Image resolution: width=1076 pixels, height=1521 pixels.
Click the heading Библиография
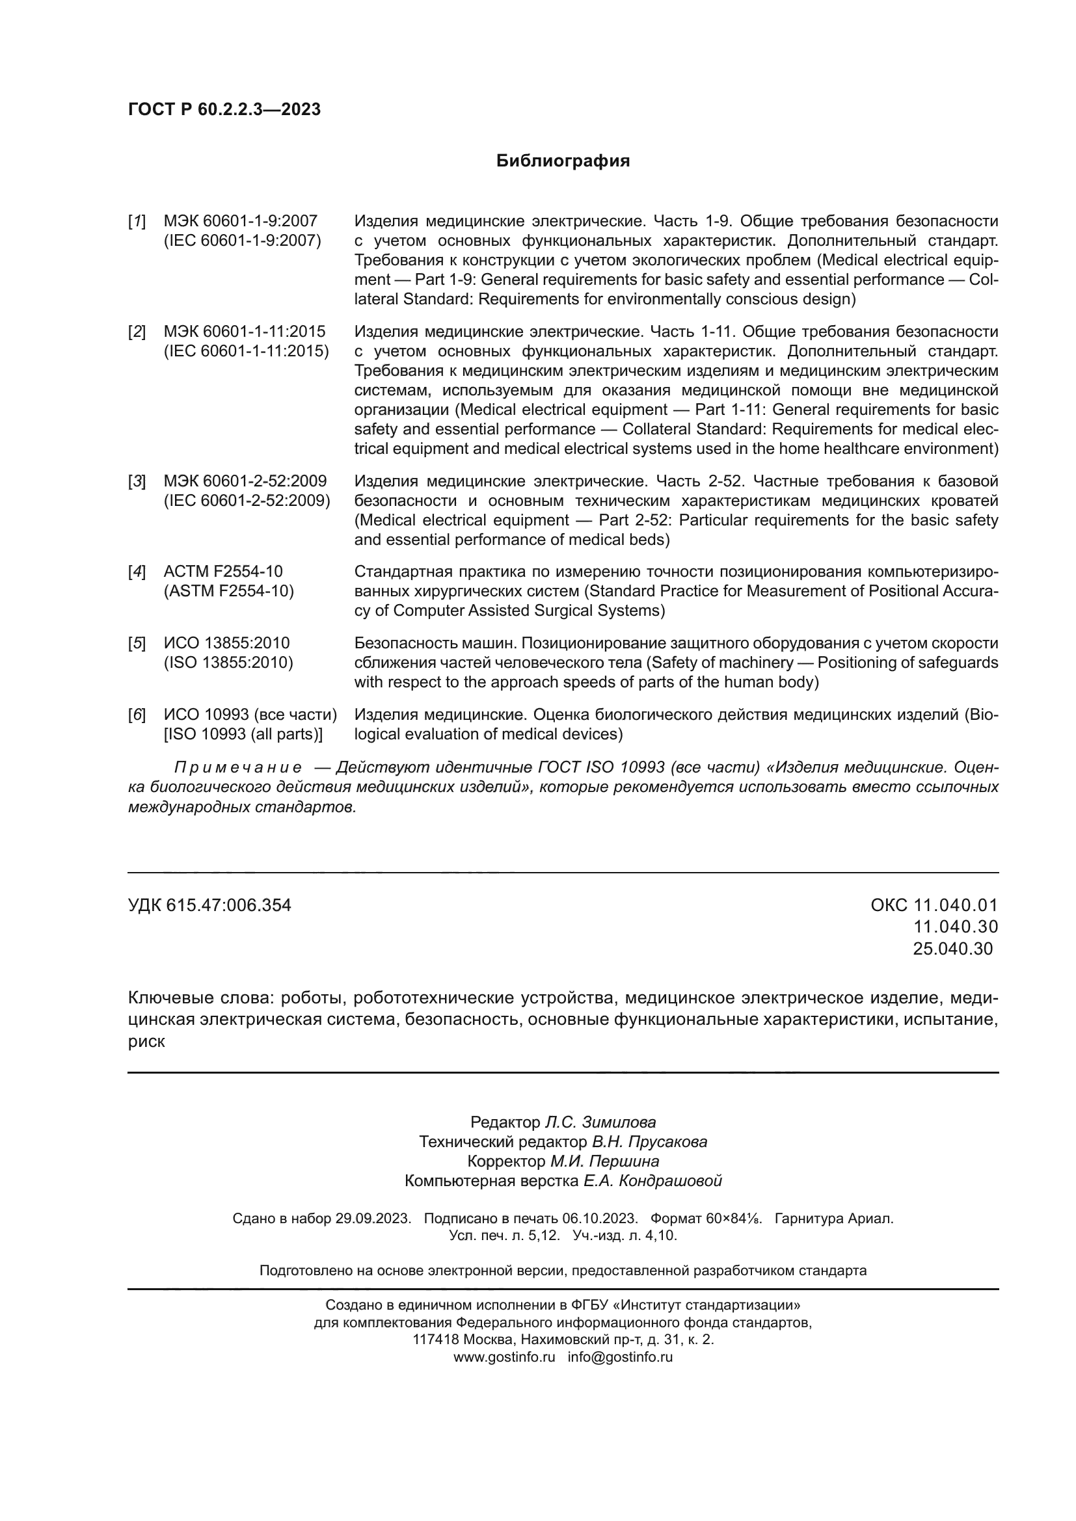(x=563, y=161)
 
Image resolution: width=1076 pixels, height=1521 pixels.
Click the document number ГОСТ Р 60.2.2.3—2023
(x=224, y=109)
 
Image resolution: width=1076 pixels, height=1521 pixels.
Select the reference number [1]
(x=137, y=221)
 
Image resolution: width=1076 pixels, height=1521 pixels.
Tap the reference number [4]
(x=137, y=572)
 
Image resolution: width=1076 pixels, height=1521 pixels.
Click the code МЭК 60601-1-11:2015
(x=245, y=331)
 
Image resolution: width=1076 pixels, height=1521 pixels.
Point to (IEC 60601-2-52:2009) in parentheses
(x=247, y=501)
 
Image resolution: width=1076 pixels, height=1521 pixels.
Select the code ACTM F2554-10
(x=222, y=572)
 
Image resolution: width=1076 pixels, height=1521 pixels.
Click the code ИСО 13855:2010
(x=226, y=643)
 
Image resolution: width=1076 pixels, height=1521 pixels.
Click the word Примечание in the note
(x=238, y=768)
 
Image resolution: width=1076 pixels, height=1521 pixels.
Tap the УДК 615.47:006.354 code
(x=209, y=906)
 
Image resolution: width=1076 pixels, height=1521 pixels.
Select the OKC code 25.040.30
(x=953, y=949)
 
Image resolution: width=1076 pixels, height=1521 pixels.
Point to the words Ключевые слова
(x=201, y=998)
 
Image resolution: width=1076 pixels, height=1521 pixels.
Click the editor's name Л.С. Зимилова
(x=600, y=1122)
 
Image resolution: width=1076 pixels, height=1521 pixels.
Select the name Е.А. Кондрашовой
(x=652, y=1180)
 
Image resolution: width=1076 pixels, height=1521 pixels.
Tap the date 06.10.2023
(x=600, y=1218)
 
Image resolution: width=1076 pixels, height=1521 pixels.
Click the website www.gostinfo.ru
(x=504, y=1356)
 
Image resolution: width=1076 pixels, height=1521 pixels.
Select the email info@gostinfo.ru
(x=620, y=1356)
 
